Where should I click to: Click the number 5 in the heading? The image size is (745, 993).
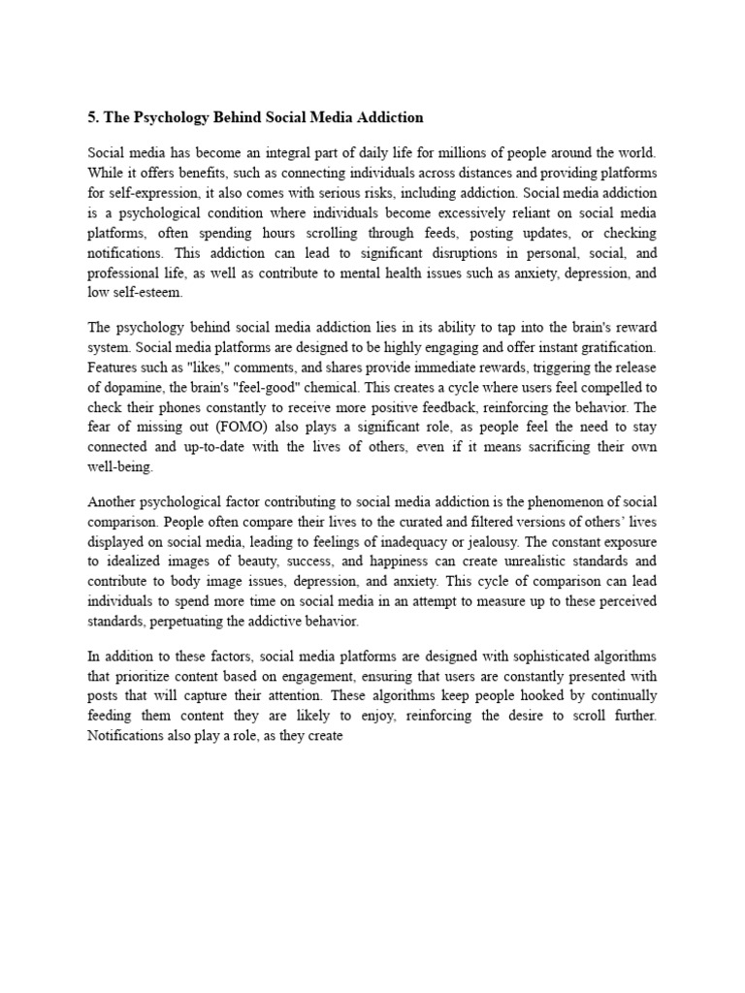(x=93, y=117)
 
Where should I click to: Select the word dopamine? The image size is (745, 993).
(x=141, y=385)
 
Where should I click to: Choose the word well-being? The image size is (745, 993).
(x=120, y=466)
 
